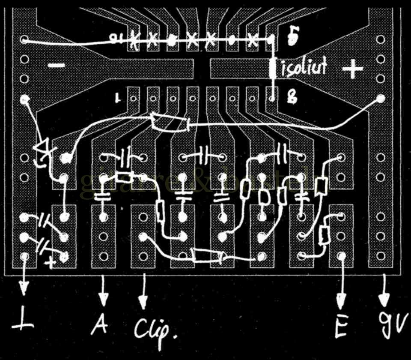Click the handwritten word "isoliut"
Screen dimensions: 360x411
click(304, 68)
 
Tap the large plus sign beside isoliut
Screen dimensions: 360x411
click(353, 69)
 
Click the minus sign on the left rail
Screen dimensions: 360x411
click(56, 66)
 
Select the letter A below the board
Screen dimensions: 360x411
click(100, 325)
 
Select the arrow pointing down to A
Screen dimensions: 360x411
click(103, 291)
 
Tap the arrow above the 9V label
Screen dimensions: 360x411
click(383, 291)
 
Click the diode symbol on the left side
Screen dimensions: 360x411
click(43, 148)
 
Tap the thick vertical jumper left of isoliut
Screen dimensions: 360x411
click(273, 69)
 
